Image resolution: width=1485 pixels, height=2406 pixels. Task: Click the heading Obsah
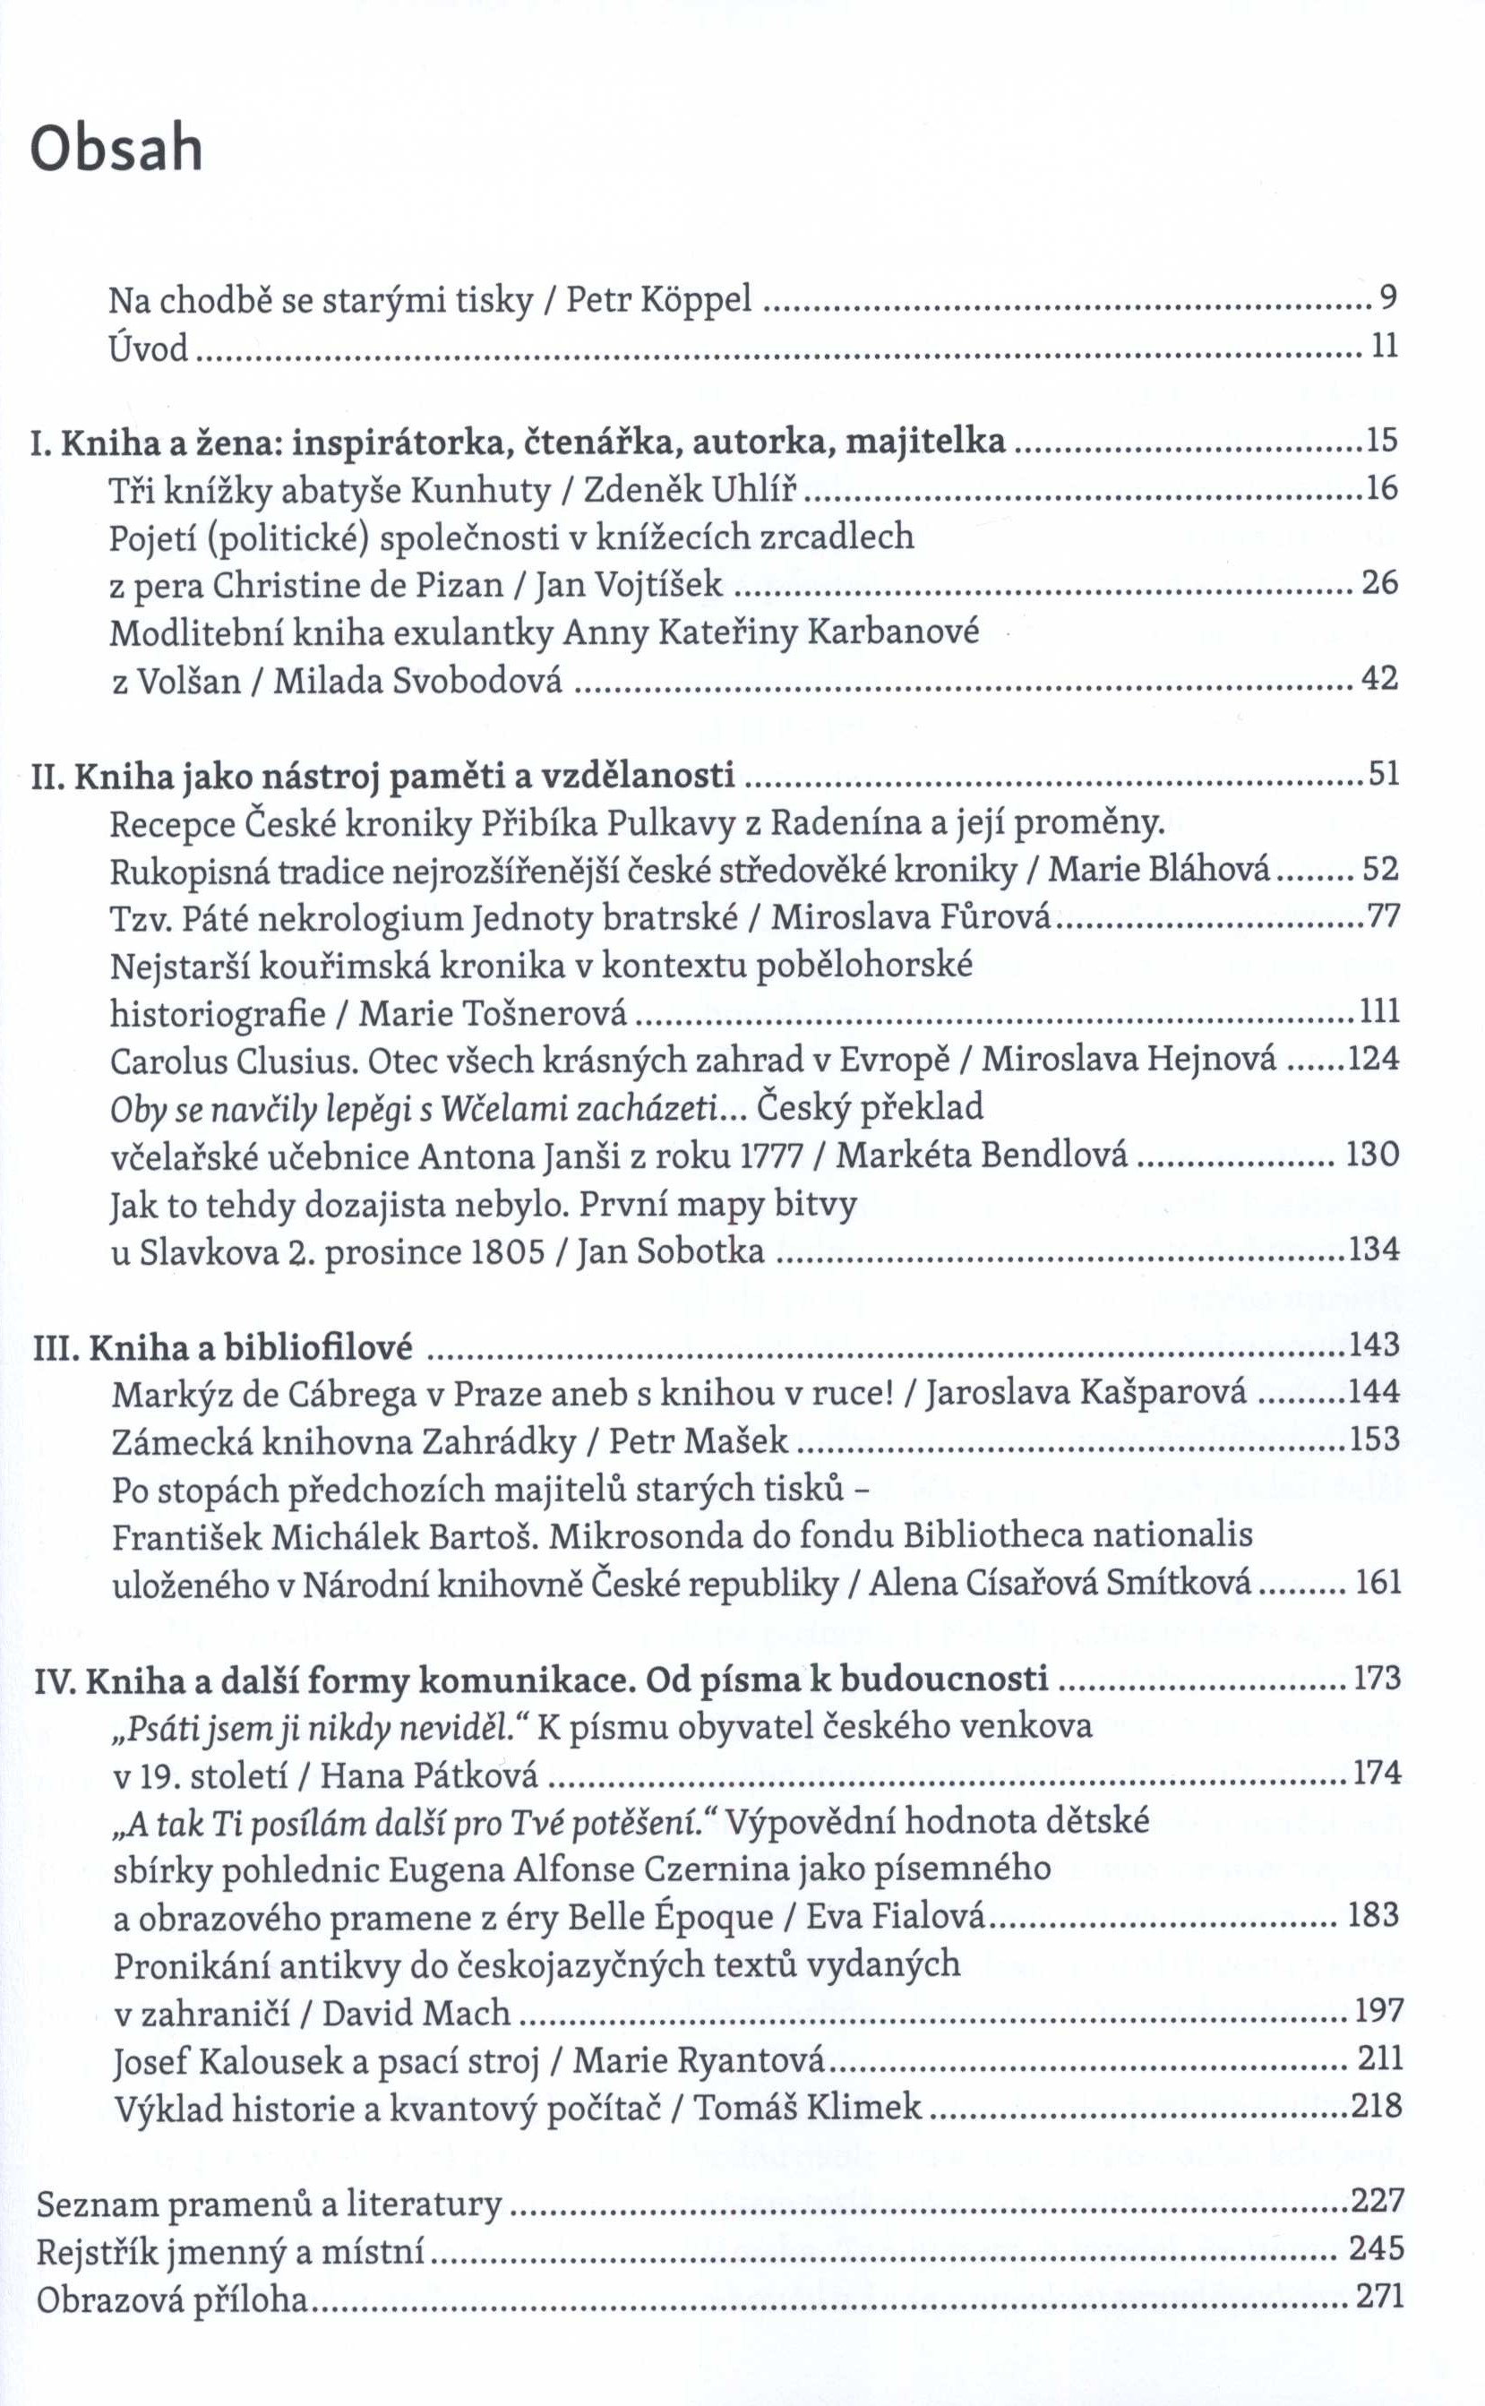pos(116,150)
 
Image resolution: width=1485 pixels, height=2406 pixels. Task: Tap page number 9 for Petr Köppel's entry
pos(1387,296)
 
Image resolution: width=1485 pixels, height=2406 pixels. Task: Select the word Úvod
pos(150,347)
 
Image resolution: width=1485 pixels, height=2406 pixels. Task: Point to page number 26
pos(1379,583)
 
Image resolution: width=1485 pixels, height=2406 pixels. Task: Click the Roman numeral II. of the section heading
pos(48,776)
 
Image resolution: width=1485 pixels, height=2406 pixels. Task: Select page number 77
pos(1383,917)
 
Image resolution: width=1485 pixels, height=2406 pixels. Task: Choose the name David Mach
pos(416,2013)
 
